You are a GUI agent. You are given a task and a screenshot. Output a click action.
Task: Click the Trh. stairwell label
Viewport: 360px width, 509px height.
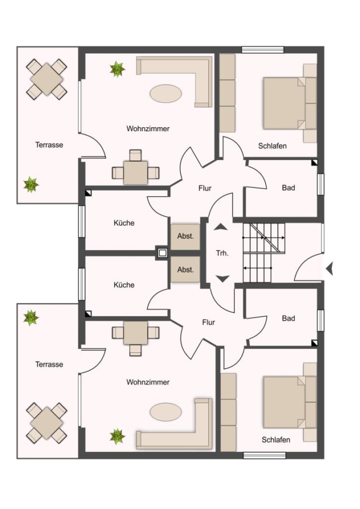coord(222,253)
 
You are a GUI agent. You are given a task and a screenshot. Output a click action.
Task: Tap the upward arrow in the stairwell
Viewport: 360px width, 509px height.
coord(221,227)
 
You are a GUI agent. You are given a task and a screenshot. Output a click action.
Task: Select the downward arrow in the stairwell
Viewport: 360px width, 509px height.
coord(222,279)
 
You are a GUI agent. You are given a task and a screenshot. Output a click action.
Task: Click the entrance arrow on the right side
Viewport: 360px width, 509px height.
coord(329,269)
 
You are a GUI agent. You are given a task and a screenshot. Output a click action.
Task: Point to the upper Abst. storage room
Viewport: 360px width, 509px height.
coord(186,236)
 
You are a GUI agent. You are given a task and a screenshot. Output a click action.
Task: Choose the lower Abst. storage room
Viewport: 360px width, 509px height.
coord(186,269)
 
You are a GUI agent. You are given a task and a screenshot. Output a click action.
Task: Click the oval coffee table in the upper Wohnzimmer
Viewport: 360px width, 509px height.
coord(166,93)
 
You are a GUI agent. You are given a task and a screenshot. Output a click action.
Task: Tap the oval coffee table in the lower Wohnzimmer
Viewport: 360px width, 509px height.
coord(166,412)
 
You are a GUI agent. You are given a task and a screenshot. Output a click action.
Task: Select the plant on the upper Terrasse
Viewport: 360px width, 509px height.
coord(31,185)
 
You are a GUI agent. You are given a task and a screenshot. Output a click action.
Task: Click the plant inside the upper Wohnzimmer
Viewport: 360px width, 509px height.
coord(117,69)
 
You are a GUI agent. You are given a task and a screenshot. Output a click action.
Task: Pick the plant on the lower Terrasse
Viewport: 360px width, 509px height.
coord(31,318)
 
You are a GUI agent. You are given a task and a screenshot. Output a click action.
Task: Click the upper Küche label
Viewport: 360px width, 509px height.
coord(124,223)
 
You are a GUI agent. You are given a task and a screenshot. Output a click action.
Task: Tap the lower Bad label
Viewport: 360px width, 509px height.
coord(289,318)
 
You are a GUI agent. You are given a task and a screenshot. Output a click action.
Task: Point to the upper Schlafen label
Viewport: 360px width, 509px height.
coord(272,146)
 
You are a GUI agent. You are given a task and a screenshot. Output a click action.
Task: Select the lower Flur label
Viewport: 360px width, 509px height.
coord(209,322)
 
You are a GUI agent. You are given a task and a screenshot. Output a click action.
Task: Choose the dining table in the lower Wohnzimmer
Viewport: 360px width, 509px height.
coord(135,333)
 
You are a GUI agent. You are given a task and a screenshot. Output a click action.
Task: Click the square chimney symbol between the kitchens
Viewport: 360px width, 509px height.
coord(162,252)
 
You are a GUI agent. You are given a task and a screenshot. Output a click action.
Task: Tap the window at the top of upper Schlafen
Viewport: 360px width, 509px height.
coord(263,50)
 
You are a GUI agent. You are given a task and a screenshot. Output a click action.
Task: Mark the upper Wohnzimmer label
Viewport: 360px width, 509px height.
coord(148,129)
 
